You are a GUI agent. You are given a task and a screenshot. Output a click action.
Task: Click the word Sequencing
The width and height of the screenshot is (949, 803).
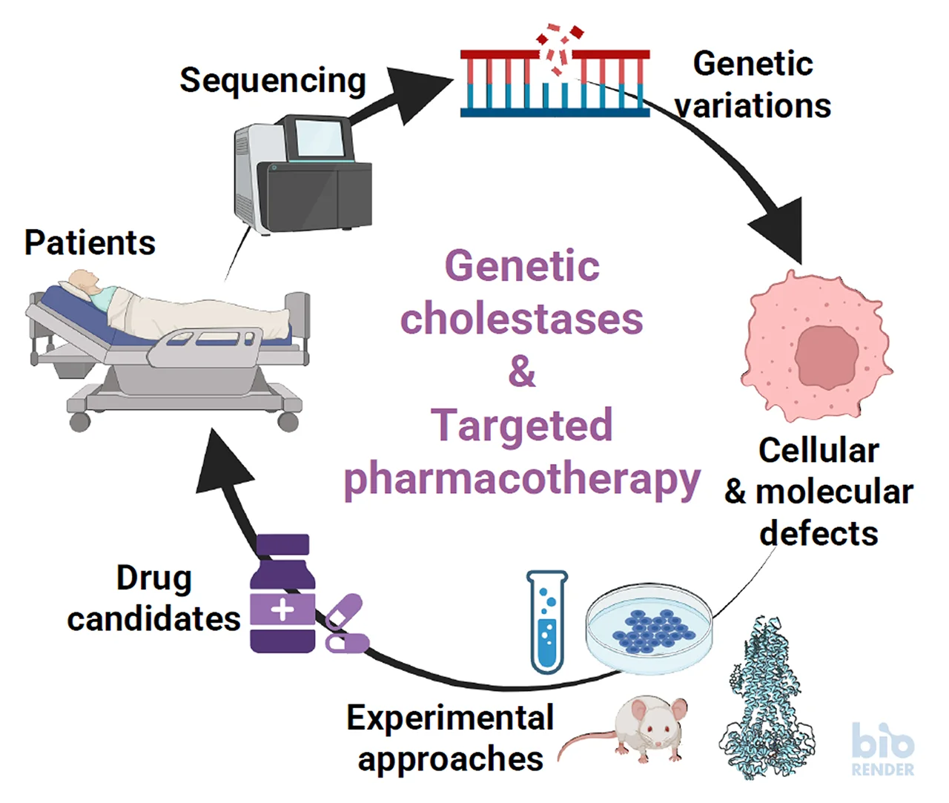(273, 81)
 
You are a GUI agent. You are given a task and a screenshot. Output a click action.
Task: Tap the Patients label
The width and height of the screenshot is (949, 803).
(90, 242)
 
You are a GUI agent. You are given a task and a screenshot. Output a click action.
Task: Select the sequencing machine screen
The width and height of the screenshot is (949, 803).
(320, 138)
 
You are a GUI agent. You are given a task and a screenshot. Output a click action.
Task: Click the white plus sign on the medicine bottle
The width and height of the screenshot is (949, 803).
(282, 609)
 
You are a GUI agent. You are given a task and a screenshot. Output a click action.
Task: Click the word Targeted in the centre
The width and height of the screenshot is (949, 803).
(522, 426)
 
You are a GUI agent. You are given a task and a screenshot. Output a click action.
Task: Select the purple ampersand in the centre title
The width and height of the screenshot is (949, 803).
(522, 371)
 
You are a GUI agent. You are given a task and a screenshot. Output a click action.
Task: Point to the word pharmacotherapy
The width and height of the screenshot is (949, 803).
(522, 479)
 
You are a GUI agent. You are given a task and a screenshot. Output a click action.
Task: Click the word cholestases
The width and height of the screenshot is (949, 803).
(522, 319)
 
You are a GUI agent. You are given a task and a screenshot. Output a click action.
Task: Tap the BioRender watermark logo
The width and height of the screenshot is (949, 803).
(882, 749)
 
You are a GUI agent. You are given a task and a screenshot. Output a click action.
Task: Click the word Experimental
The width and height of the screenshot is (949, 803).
(450, 718)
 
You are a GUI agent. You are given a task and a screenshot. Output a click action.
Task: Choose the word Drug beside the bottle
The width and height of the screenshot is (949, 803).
(154, 578)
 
